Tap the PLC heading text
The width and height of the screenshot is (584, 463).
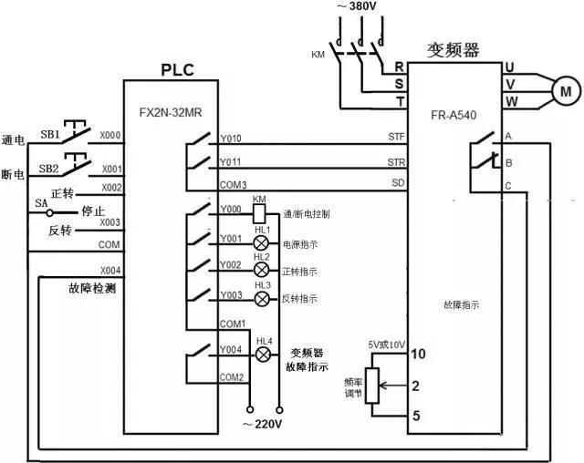click(x=177, y=69)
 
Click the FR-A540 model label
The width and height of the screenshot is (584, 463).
click(x=454, y=116)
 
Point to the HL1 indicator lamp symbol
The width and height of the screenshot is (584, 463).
click(x=261, y=244)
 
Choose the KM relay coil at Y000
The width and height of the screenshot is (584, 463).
click(x=259, y=212)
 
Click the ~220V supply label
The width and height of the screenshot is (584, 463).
click(x=266, y=422)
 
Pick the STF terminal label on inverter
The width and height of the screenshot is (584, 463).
click(x=396, y=138)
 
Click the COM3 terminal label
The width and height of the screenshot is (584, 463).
click(x=233, y=185)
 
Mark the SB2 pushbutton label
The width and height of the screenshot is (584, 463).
click(x=48, y=170)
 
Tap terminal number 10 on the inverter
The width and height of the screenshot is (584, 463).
click(x=418, y=354)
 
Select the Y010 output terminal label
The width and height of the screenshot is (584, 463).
click(x=231, y=139)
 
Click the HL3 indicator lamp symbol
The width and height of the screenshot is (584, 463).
click(x=261, y=299)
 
